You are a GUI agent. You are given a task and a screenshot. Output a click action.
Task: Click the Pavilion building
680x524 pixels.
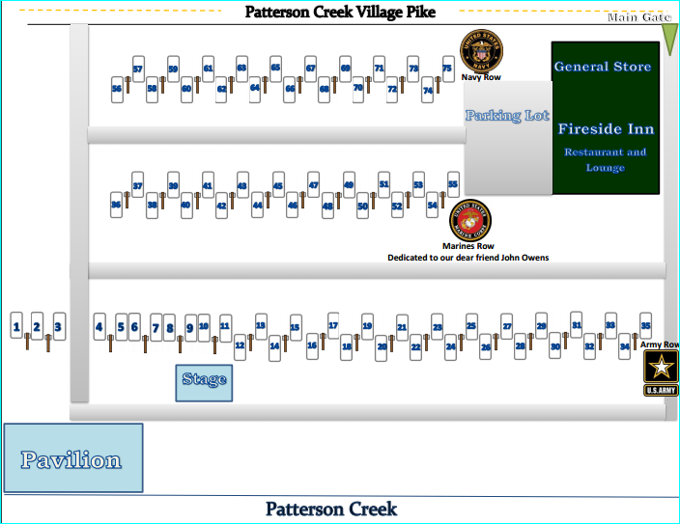[72, 458]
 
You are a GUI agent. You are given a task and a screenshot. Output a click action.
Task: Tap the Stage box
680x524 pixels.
[204, 381]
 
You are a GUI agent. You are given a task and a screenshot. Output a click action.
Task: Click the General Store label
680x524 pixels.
[603, 67]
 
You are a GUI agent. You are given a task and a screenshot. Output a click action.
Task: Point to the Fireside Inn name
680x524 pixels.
[606, 129]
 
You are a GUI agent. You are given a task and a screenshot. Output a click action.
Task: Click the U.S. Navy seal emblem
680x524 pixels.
[481, 51]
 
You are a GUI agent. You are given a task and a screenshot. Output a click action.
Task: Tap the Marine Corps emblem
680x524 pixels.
[472, 220]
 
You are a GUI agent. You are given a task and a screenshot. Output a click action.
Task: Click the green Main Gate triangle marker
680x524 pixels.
[668, 37]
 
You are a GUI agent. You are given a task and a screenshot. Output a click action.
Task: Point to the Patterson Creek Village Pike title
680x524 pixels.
[340, 13]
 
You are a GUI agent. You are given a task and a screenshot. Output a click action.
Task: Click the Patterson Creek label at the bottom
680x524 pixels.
[331, 509]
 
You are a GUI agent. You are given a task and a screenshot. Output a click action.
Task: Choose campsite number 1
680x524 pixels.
[16, 328]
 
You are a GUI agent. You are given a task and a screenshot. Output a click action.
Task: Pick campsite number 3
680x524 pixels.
[58, 327]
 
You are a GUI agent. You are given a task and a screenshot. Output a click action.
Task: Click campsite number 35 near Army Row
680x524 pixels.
[645, 324]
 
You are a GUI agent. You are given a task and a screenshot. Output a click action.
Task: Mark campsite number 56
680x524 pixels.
[117, 88]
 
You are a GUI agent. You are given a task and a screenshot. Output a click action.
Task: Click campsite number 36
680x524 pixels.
[116, 205]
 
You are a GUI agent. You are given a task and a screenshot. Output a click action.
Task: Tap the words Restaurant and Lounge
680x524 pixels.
[606, 159]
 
